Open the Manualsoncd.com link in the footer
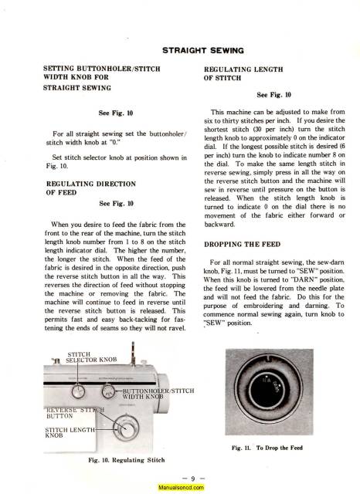(x=180, y=487)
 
